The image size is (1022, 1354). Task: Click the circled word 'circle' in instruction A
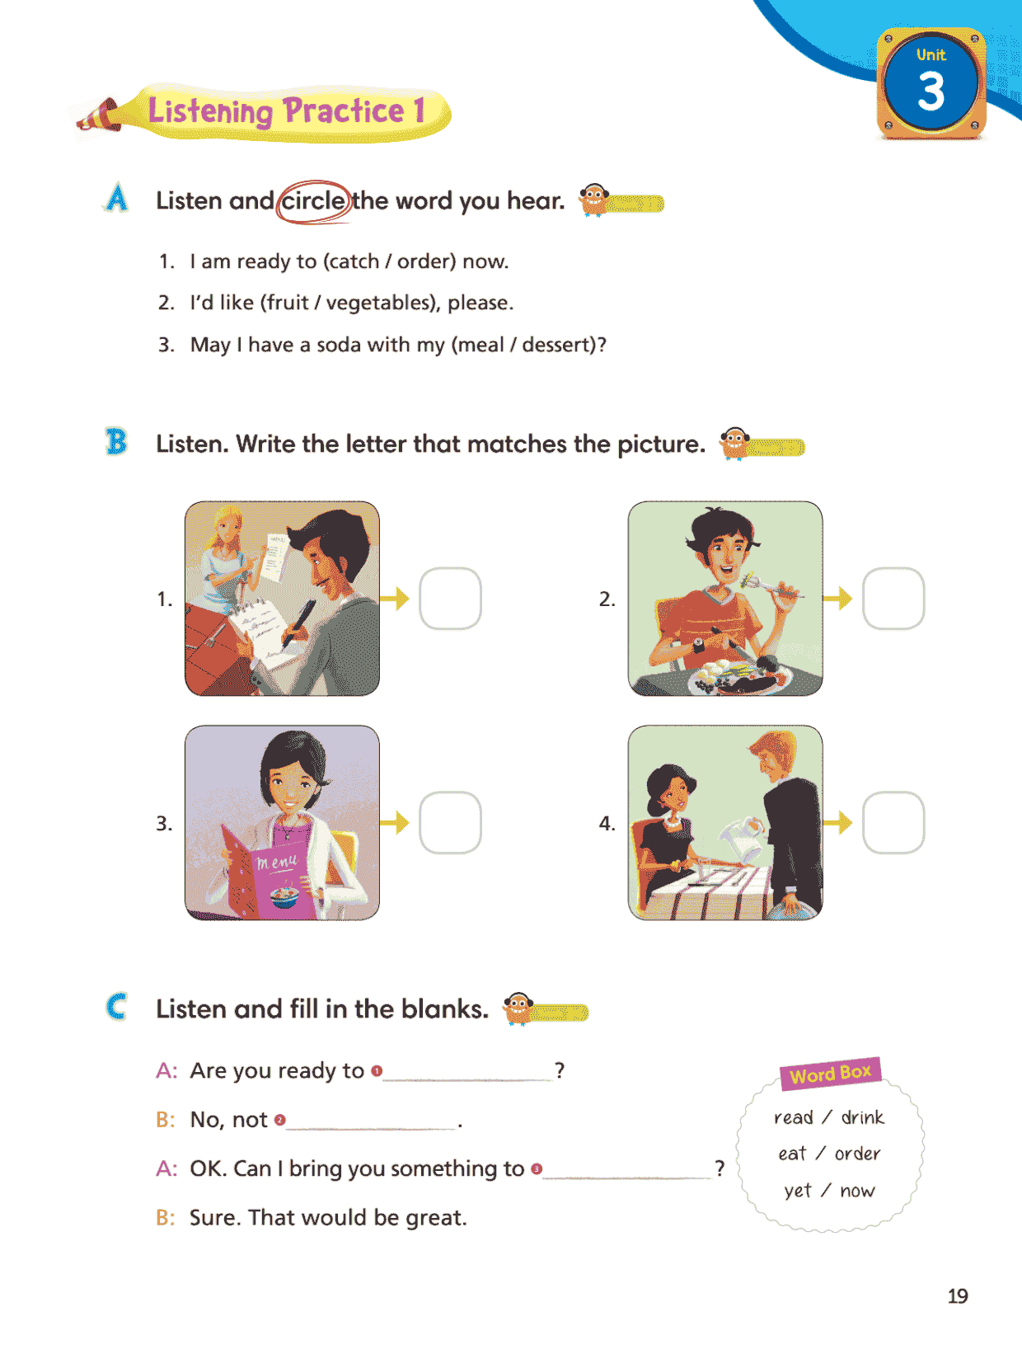tap(313, 201)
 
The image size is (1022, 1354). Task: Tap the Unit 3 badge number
tap(931, 92)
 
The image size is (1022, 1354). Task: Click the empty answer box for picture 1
tap(450, 598)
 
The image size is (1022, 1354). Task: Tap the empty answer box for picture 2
tap(893, 598)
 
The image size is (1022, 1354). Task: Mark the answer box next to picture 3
tap(450, 822)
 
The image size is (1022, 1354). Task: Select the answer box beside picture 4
tap(893, 822)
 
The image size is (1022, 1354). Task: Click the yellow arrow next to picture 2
tap(837, 598)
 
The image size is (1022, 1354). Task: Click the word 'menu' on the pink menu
tap(277, 861)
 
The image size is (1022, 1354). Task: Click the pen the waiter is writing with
tap(298, 623)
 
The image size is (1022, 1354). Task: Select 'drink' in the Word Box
tap(862, 1117)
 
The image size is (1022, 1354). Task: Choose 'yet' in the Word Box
tap(798, 1190)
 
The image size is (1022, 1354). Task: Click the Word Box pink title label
tap(830, 1074)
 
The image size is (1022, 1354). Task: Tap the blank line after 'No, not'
tap(372, 1128)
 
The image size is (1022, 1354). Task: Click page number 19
tap(957, 1295)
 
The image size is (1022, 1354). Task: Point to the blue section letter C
tap(116, 1007)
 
